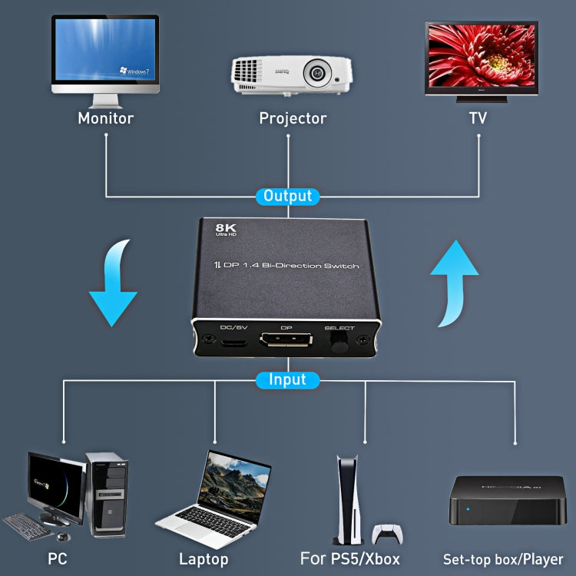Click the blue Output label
tap(287, 196)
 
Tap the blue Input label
tap(287, 379)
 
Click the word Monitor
tap(105, 118)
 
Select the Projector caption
tap(293, 118)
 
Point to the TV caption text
tap(478, 118)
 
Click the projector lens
tap(316, 74)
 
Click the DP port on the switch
tap(286, 341)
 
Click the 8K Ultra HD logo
tap(225, 230)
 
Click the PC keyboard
tap(28, 525)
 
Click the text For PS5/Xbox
tap(350, 558)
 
